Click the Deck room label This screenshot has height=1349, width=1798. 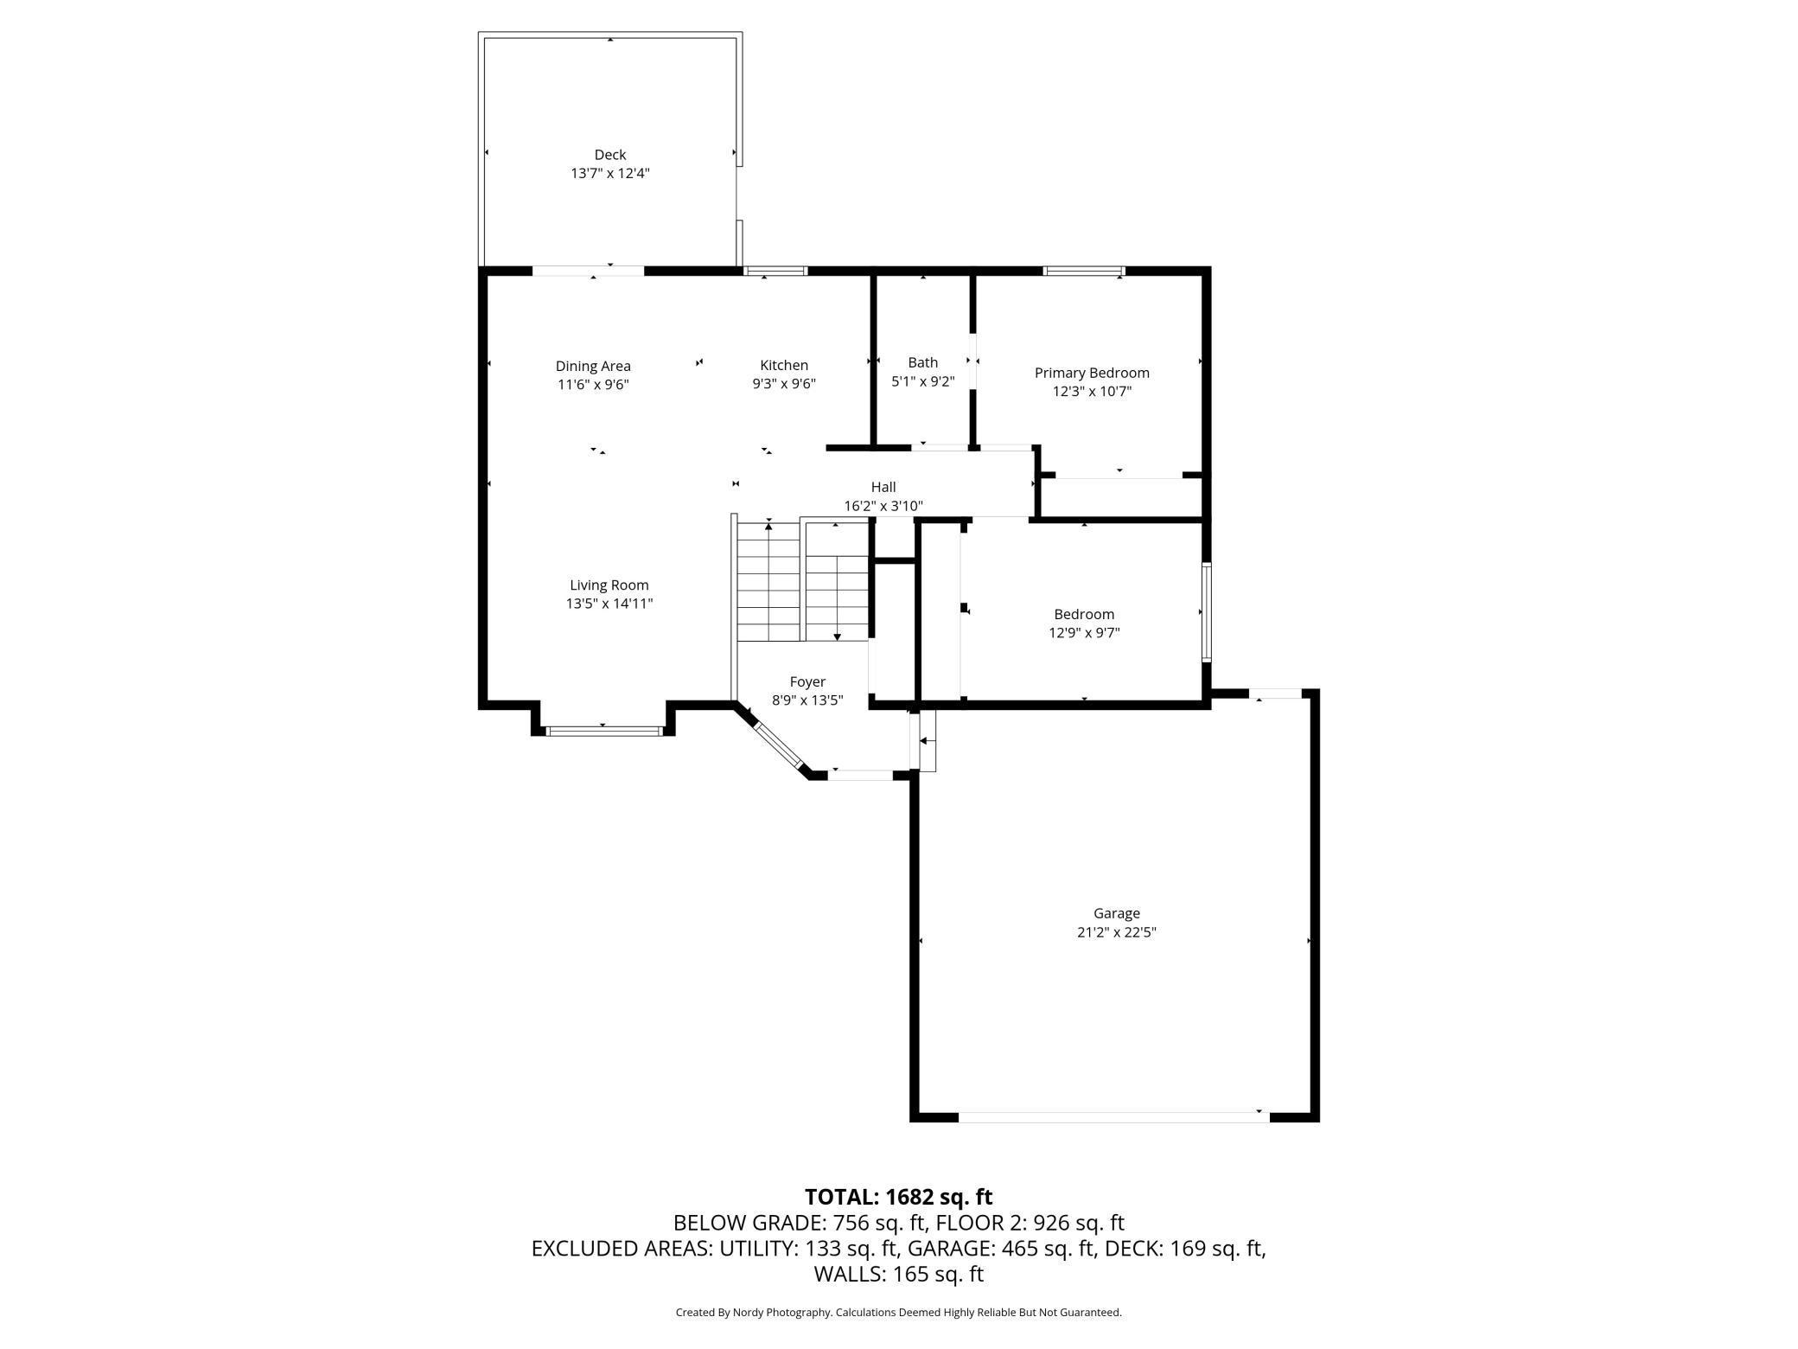tap(609, 155)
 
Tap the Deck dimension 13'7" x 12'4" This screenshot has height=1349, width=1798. tap(609, 173)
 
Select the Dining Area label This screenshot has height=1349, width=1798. tap(593, 366)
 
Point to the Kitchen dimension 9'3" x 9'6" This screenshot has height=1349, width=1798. tap(784, 383)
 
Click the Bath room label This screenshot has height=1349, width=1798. tap(923, 362)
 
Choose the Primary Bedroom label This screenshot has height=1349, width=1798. tap(1092, 373)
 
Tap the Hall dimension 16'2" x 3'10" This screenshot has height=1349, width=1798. tap(883, 506)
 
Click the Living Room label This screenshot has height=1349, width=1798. tap(609, 585)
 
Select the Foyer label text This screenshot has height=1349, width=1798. tap(807, 682)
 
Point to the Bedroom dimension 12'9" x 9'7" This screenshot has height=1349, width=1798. tap(1084, 632)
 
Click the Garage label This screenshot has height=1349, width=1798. tap(1117, 913)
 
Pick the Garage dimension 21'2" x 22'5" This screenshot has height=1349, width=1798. tap(1117, 932)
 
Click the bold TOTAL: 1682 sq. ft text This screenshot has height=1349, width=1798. tap(899, 1197)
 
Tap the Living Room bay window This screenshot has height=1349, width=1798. tap(605, 732)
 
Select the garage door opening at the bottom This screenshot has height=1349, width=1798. tap(1113, 1117)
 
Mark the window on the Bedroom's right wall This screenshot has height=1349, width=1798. tap(1207, 612)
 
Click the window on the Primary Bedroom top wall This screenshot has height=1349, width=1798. tap(1084, 272)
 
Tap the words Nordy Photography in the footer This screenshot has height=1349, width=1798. tap(781, 1313)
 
